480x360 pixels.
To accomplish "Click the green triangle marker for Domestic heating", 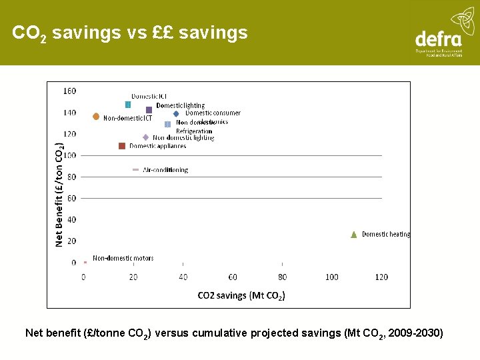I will tap(354, 234).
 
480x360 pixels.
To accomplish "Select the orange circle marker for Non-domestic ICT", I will tap(96, 116).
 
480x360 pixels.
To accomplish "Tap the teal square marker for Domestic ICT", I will tap(128, 105).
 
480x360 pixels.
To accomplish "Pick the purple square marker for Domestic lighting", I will tap(149, 110).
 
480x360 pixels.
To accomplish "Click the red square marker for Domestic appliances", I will tap(122, 146).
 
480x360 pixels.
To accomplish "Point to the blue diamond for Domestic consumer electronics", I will tap(176, 113).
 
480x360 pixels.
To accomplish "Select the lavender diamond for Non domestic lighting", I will tap(145, 137).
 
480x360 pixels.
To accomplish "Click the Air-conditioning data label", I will tap(165, 170).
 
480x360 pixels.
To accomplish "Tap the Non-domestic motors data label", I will tap(123, 258).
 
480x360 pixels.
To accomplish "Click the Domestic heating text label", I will tap(386, 234).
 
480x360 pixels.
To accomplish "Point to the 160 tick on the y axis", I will tap(69, 91).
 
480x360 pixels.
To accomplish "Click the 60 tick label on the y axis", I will tap(71, 198).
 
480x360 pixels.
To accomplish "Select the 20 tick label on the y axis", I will tap(71, 241).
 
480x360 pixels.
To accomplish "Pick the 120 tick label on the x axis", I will tap(381, 277).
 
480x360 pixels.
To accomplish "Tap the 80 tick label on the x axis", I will tap(282, 277).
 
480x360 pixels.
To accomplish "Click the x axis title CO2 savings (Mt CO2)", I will tap(241, 295).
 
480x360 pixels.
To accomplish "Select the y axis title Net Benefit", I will tap(59, 193).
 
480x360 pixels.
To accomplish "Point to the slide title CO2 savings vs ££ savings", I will tap(130, 33).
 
